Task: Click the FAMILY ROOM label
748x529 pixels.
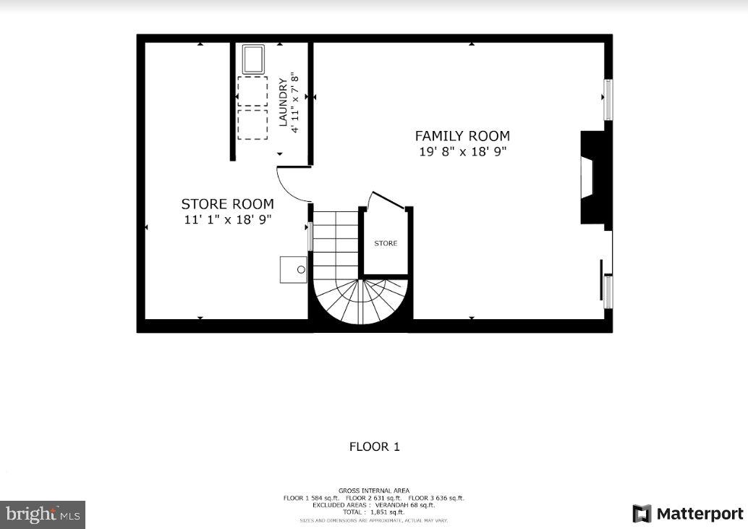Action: coord(462,136)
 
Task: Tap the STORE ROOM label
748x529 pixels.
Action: coord(227,204)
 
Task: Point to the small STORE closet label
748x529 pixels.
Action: coord(386,244)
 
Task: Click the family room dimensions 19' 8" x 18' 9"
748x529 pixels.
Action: coord(462,152)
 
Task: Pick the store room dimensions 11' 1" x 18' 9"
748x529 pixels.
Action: coord(227,220)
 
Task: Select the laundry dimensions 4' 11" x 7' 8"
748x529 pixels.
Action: coord(294,102)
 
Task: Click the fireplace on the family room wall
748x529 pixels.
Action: coord(592,178)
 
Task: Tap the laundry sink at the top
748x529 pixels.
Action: coord(253,59)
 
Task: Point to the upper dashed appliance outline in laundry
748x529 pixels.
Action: coord(252,92)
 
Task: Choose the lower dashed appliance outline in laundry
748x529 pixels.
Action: coord(252,124)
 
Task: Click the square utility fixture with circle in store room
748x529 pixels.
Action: coord(294,269)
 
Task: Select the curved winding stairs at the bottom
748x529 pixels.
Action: coord(360,300)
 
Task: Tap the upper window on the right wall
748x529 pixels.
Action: coord(608,100)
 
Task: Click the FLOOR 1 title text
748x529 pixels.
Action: coord(374,447)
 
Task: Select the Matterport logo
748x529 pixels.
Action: coord(687,514)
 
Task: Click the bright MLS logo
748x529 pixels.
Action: coord(43,515)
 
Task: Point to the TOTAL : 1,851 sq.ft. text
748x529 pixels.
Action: coord(373,512)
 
